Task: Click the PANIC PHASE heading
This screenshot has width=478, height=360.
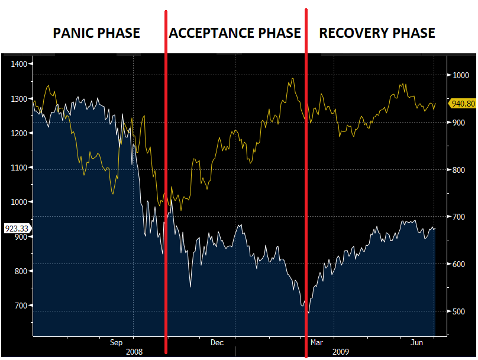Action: click(96, 33)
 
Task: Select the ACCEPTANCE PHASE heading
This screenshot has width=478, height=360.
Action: click(235, 33)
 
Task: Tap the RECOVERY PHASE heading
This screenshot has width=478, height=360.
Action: click(377, 33)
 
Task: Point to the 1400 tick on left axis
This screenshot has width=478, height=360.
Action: click(19, 64)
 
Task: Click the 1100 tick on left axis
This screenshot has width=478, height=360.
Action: click(19, 168)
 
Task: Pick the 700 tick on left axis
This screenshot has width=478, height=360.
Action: click(21, 306)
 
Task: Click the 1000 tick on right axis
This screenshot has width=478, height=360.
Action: click(461, 75)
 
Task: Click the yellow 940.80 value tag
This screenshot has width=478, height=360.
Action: click(463, 104)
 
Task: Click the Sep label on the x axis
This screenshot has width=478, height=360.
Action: click(116, 342)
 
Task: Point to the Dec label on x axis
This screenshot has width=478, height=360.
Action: click(217, 342)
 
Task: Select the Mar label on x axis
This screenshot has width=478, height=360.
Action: click(316, 342)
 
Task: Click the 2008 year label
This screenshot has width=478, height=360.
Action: click(134, 352)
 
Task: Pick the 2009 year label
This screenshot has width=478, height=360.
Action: click(340, 352)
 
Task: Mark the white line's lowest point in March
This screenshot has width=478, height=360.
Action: click(308, 312)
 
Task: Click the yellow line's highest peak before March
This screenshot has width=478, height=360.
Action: click(292, 78)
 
